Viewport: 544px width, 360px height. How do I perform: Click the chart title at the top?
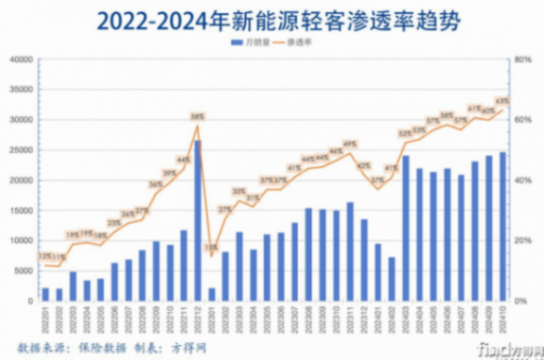click(x=272, y=18)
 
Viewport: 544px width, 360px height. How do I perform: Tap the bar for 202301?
click(x=212, y=294)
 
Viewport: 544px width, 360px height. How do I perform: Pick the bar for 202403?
click(x=406, y=228)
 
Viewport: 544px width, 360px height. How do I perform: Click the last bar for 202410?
click(x=503, y=226)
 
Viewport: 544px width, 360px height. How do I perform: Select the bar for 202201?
click(x=45, y=294)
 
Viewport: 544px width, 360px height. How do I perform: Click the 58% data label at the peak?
click(x=198, y=116)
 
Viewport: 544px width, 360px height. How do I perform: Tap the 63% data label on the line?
click(x=503, y=100)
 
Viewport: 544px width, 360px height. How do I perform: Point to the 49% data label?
click(x=350, y=144)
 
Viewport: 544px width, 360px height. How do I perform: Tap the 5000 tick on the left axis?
click(x=22, y=271)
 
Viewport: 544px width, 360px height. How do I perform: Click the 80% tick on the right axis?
click(x=523, y=60)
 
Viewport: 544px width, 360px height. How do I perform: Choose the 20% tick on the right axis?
click(x=523, y=241)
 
